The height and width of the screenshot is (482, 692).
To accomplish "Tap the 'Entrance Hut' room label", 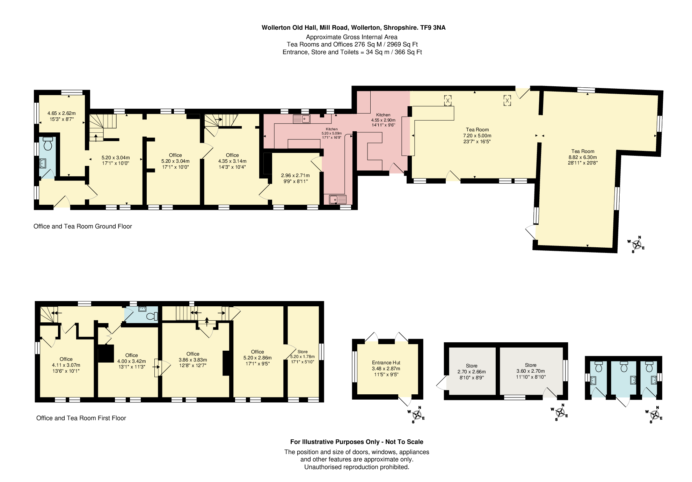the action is pos(386,363).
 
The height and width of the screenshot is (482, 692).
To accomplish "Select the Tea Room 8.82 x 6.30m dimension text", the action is pos(583,157).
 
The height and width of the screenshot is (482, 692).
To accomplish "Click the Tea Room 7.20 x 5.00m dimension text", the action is pos(477,136).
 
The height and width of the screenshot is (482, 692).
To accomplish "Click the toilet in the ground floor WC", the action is pos(48,144).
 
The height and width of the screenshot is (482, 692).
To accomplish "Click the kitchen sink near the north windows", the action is pos(302,119).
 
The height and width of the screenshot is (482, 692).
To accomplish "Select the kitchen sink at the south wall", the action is pos(337,199).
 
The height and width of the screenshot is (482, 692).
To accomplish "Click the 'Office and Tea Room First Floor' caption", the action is pos(81,418).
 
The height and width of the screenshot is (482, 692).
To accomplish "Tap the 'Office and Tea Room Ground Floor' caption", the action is pos(83,226).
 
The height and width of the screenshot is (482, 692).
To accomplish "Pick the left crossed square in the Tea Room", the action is pos(447,101).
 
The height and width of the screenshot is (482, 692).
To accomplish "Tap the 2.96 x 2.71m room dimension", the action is pos(296,178).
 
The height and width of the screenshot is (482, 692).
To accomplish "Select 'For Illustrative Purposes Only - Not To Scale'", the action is pos(357,442).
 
